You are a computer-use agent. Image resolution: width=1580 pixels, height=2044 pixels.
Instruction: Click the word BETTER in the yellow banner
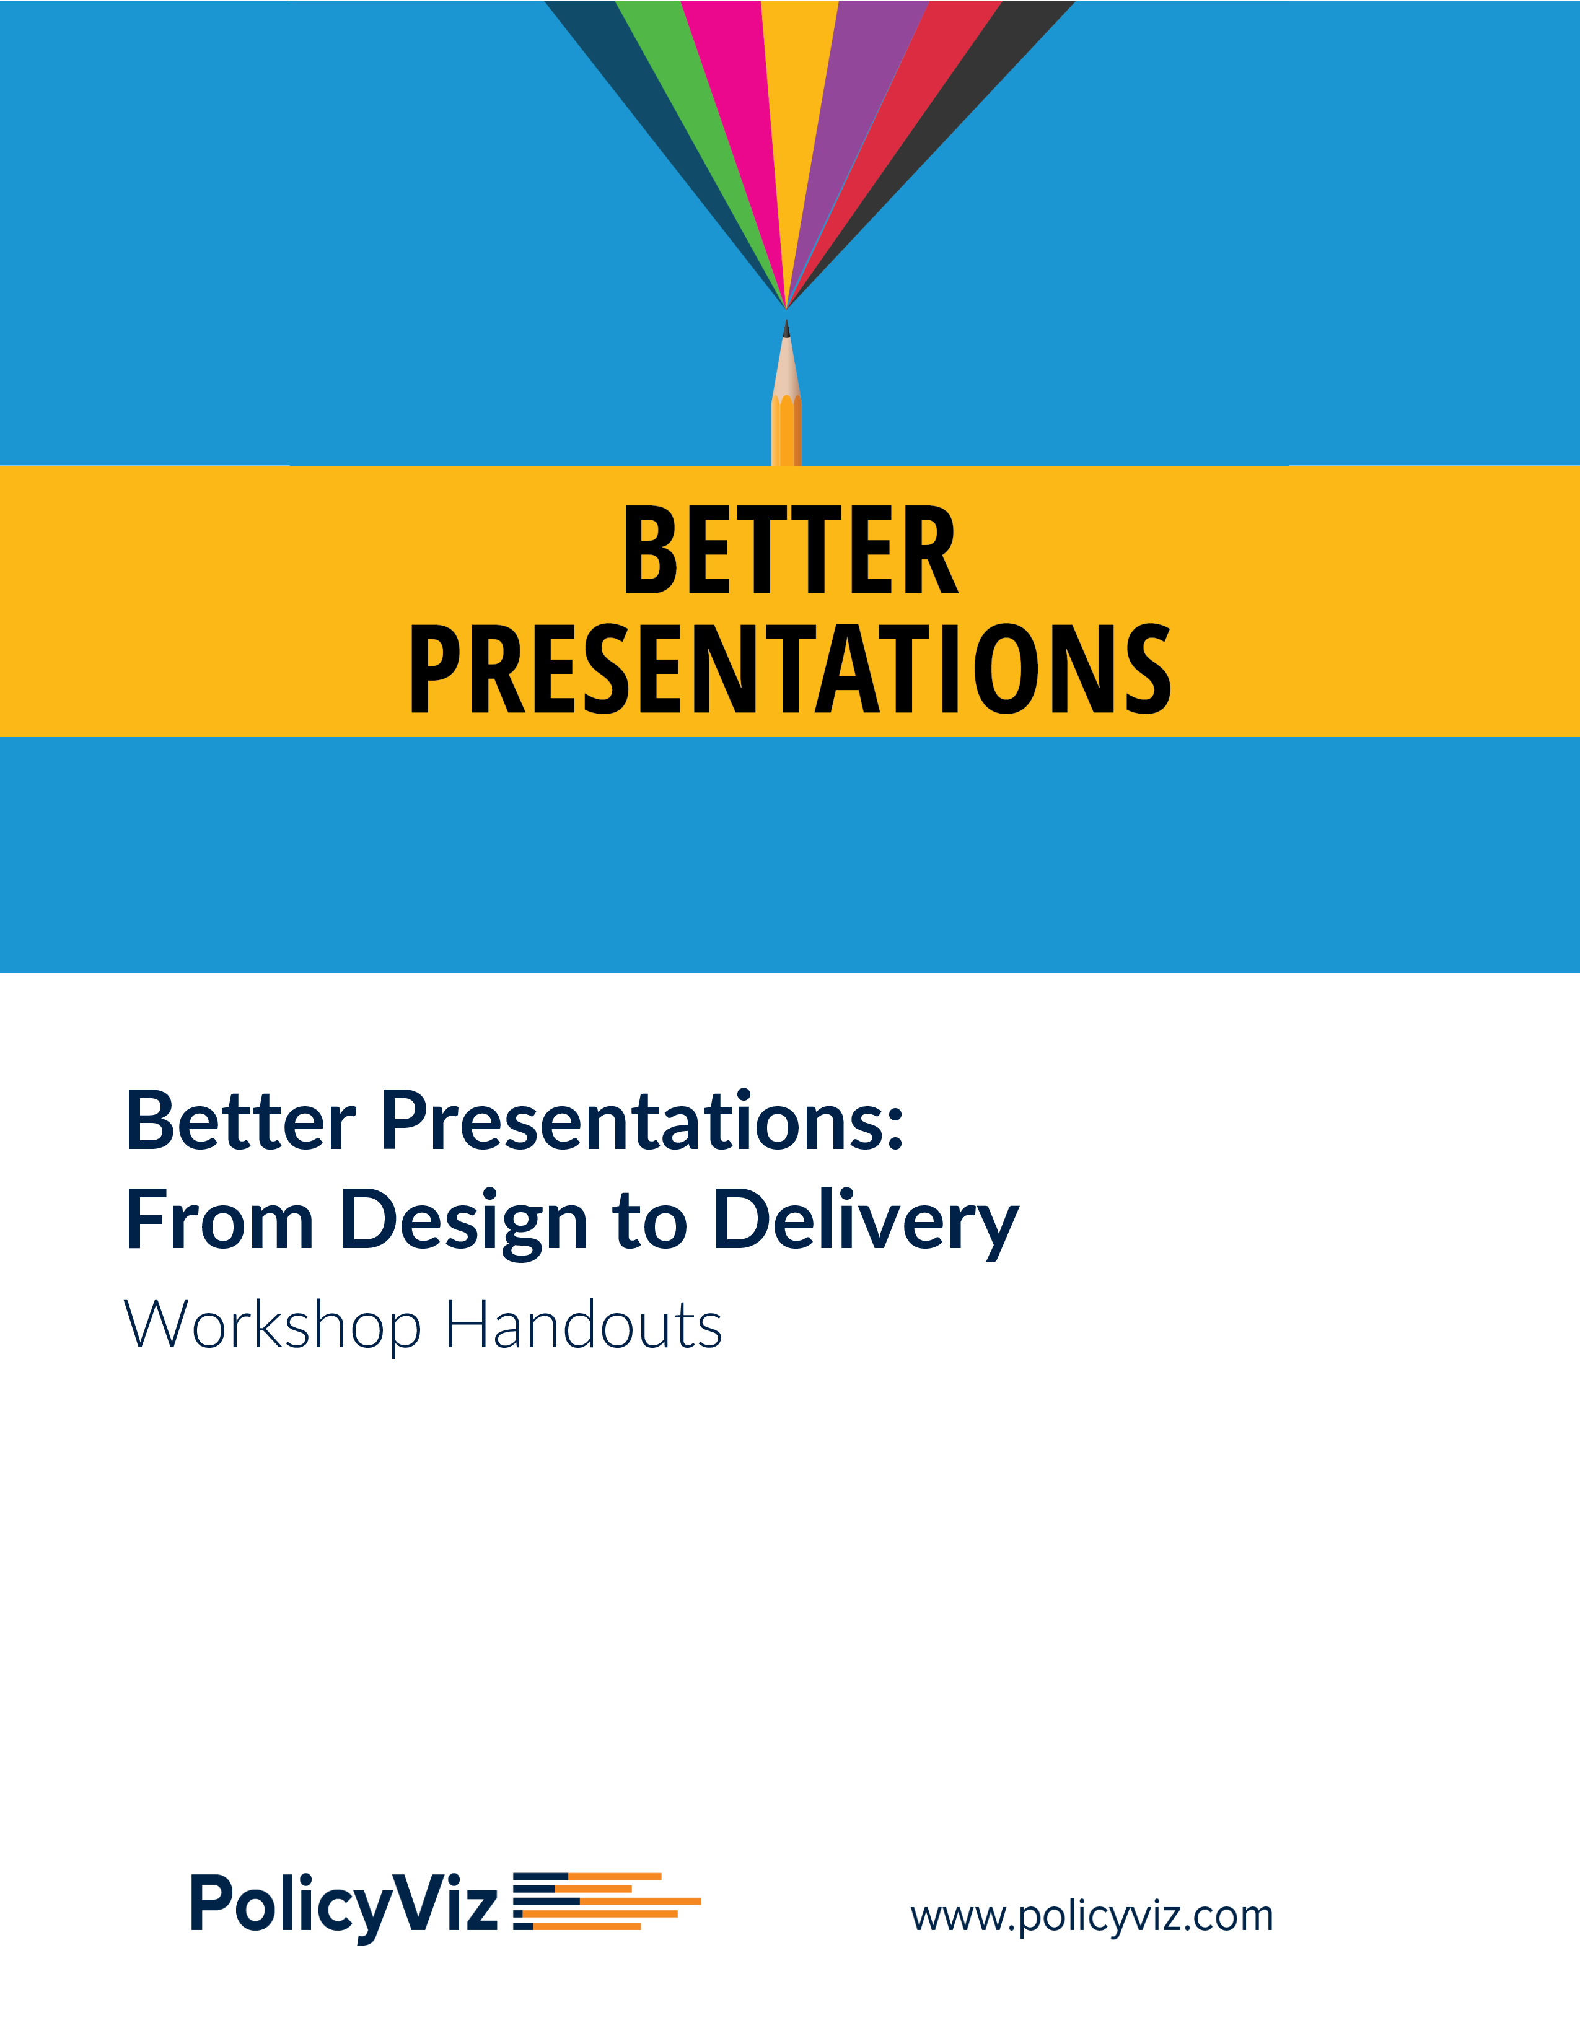coord(791,550)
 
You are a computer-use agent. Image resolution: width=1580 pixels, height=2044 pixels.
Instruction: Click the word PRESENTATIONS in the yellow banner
coord(791,668)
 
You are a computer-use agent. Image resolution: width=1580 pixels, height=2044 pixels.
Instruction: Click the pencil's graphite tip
coord(786,328)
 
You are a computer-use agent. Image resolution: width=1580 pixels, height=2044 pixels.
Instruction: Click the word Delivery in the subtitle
coord(866,1221)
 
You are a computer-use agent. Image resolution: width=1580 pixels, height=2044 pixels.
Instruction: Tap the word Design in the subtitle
coord(464,1221)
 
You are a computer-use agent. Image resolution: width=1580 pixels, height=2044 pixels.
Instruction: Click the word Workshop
coord(273,1328)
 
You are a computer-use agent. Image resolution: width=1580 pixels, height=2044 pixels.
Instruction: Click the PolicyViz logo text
coord(343,1905)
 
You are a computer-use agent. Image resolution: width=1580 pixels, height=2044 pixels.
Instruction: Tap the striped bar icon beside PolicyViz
coord(607,1901)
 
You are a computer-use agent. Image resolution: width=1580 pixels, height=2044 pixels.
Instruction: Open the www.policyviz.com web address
coord(1091,1916)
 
